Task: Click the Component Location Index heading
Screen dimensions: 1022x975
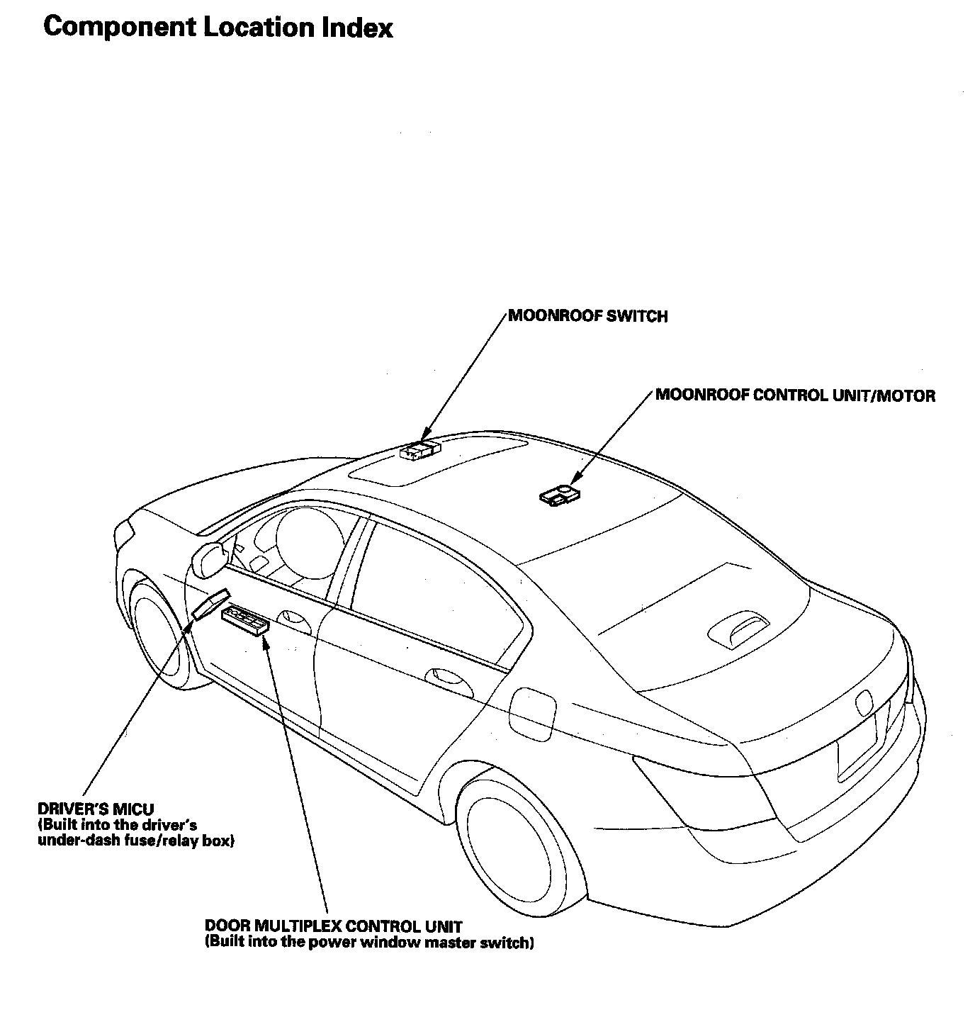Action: pos(218,27)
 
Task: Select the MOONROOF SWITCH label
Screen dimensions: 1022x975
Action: pos(587,316)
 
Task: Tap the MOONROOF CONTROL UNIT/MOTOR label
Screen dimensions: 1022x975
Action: pos(795,395)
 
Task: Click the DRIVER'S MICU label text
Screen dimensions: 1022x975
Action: pos(95,809)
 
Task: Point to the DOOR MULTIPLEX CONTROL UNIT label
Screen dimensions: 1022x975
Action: pos(333,926)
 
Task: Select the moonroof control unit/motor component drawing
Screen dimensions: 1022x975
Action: pos(560,495)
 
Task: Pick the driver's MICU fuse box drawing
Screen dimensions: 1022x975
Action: pos(210,602)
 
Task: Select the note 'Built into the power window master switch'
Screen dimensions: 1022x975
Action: pos(368,943)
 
